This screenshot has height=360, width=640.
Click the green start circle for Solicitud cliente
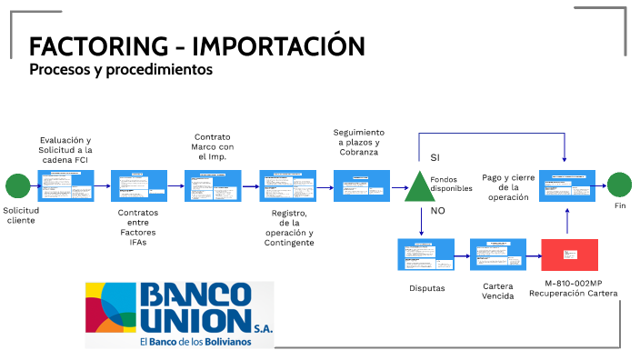17,186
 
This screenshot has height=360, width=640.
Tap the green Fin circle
619,185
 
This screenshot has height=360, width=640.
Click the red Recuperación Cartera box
569,255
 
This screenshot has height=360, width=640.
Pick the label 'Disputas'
426,287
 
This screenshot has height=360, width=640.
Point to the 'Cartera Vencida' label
497,291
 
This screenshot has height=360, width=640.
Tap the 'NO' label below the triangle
437,210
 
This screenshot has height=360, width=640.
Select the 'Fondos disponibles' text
451,184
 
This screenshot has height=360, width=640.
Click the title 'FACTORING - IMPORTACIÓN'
196,46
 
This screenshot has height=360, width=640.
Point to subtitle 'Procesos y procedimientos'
120,69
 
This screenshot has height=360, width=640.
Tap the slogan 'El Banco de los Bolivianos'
197,342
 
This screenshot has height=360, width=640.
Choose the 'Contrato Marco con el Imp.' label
213,146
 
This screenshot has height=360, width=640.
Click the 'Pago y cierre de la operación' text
507,187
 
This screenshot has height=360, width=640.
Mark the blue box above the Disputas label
426,255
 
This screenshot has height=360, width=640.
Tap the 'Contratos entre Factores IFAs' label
137,228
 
